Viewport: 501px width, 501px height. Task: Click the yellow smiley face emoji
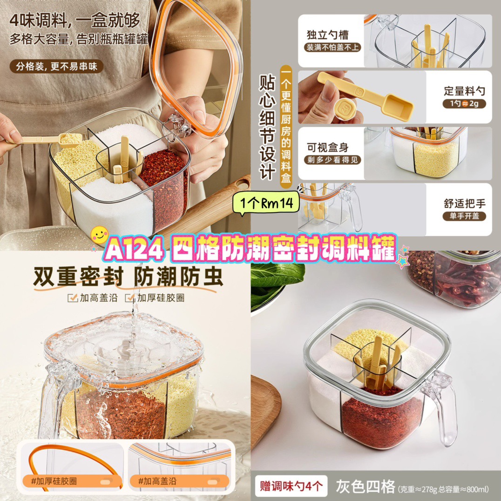pos(99,235)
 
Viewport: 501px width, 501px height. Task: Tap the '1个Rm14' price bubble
pos(266,203)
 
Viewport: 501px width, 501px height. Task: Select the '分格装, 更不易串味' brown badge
pos(56,67)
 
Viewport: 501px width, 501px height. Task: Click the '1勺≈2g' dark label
pos(464,103)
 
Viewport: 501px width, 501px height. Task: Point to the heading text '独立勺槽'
pos(327,34)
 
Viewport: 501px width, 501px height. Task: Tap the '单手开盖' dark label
pos(464,216)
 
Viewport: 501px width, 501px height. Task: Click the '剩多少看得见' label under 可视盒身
pos(332,160)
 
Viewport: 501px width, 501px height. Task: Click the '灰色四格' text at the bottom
pos(366,487)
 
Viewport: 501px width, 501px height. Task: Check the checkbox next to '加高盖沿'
pos(73,298)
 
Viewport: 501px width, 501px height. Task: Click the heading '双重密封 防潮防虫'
pos(128,277)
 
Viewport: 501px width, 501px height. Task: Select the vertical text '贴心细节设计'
pos(267,128)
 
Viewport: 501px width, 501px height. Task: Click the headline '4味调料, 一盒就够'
pos(75,20)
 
